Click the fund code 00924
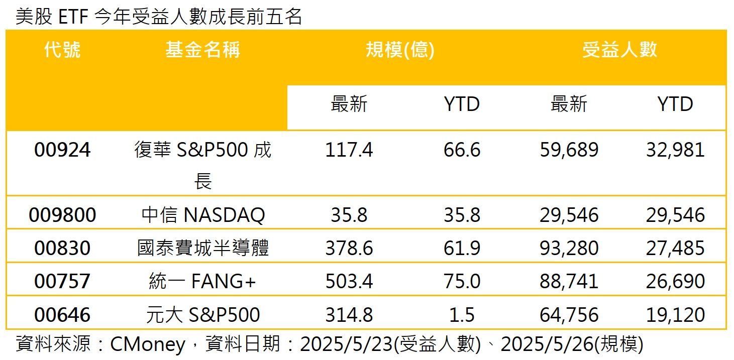click(62, 150)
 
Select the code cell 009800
click(62, 215)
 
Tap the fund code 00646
click(62, 315)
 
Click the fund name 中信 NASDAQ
click(203, 215)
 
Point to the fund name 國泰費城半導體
click(203, 248)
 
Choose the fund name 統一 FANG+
click(203, 281)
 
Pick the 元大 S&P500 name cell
click(203, 315)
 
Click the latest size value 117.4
click(349, 150)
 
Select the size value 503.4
click(349, 281)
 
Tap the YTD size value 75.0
click(462, 281)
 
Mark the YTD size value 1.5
click(462, 315)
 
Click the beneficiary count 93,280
click(569, 248)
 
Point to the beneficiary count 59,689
click(569, 150)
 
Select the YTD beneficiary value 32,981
click(675, 150)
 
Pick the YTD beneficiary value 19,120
click(675, 315)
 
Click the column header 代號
click(62, 50)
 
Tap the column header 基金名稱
click(203, 50)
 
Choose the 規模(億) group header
click(400, 50)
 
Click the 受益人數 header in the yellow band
click(620, 50)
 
